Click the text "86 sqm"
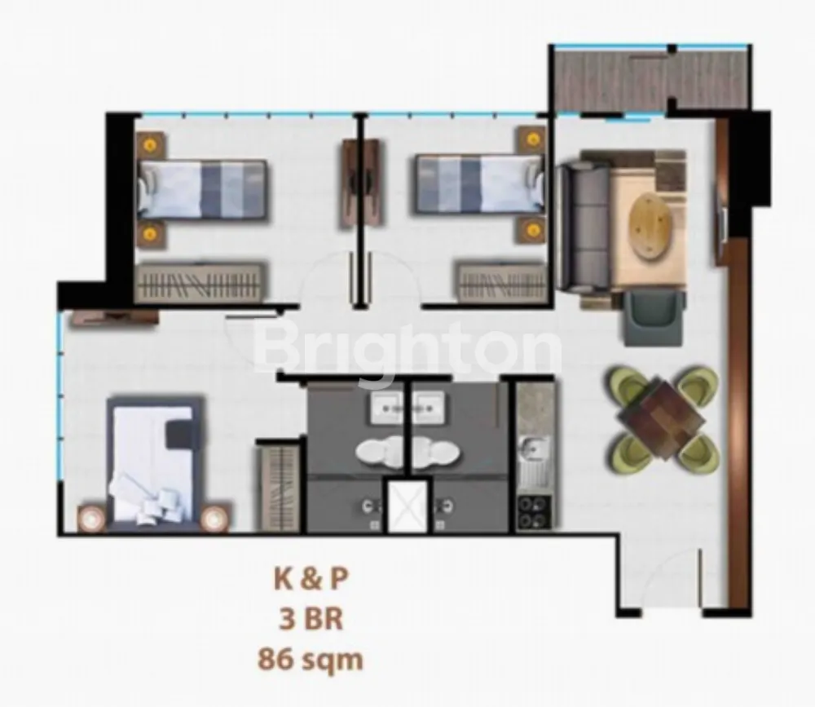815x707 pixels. [311, 660]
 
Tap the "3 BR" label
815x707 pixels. [311, 619]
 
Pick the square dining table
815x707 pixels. [662, 420]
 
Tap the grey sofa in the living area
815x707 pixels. [584, 227]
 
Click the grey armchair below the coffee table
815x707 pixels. [653, 318]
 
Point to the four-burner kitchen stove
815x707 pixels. [535, 512]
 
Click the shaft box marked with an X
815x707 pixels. [407, 506]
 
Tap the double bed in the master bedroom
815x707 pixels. [155, 463]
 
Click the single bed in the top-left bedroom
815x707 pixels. [203, 189]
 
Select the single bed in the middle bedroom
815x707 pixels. [479, 183]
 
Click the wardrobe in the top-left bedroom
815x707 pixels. [200, 282]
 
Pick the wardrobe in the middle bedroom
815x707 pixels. [502, 282]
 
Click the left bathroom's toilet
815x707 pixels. [380, 452]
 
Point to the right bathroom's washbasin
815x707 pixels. [429, 407]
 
